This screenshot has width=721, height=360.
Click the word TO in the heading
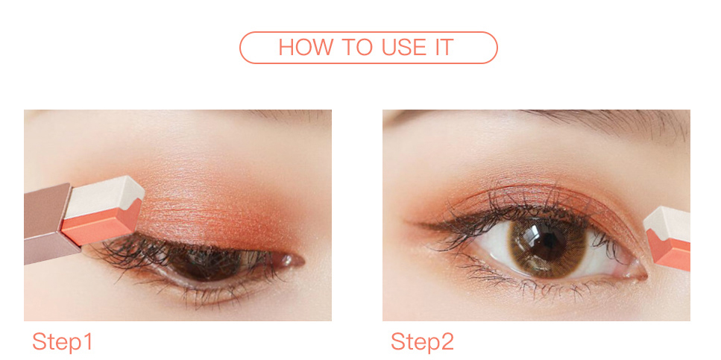(x=354, y=48)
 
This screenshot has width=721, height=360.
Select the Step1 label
(x=63, y=342)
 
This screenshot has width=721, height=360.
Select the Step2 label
(x=422, y=342)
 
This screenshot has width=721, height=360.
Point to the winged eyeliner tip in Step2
(x=407, y=223)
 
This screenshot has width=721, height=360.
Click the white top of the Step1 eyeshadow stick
(x=105, y=195)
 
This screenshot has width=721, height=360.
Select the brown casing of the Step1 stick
(x=48, y=223)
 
